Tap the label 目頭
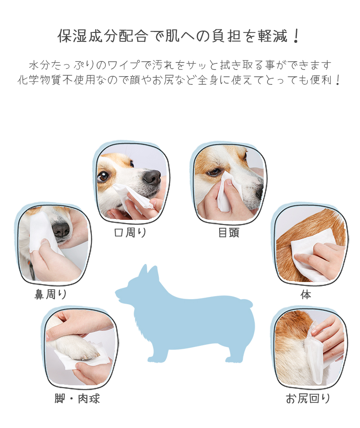(229, 232)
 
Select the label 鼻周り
(51, 294)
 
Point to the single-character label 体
(306, 295)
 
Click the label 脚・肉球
(77, 399)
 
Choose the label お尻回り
(308, 399)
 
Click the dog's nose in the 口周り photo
(152, 177)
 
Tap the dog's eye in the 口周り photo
(103, 176)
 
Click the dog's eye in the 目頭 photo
(214, 172)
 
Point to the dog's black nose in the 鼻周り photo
(61, 229)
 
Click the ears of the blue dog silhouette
(148, 272)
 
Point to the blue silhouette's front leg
(157, 348)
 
